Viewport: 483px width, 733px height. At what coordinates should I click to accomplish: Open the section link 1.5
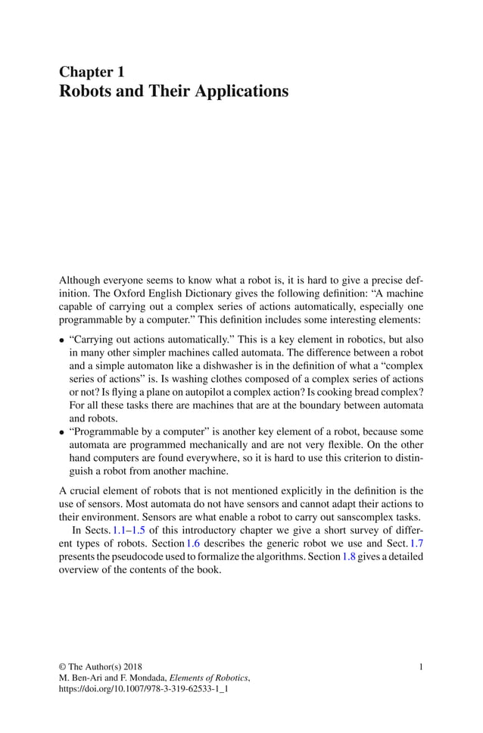click(x=139, y=530)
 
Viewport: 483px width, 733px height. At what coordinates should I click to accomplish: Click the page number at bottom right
click(x=421, y=666)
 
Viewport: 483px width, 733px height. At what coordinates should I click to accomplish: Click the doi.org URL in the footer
click(x=144, y=689)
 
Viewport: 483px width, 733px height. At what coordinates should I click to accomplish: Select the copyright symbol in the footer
click(x=63, y=666)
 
